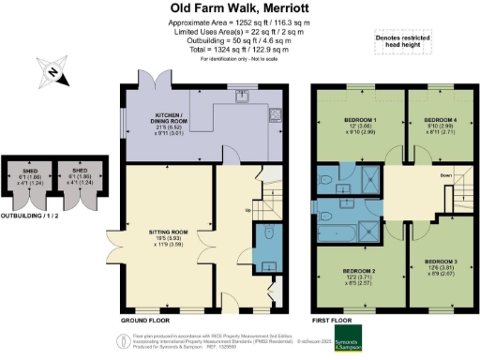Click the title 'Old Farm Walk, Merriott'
[240, 8]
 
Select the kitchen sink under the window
[242, 95]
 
